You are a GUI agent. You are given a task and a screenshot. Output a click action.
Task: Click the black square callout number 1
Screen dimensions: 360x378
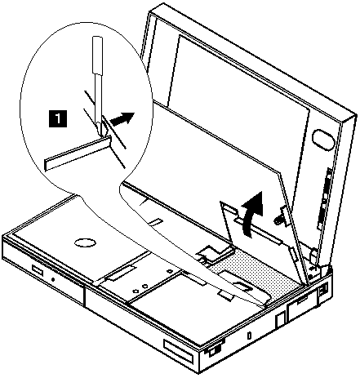click(x=57, y=118)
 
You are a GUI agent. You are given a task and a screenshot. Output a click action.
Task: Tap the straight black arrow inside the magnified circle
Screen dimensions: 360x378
click(x=122, y=118)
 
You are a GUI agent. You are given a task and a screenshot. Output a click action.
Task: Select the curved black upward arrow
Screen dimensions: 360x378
click(x=253, y=214)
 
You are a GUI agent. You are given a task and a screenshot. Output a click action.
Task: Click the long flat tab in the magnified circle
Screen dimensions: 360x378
click(x=78, y=153)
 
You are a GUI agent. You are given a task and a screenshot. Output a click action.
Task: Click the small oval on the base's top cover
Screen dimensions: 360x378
click(x=85, y=242)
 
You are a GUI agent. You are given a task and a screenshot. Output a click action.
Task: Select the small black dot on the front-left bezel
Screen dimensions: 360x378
click(x=53, y=278)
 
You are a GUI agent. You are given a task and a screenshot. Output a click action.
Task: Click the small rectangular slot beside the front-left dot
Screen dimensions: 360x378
click(x=38, y=270)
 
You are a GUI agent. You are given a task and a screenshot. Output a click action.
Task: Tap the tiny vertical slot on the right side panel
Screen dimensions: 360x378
click(x=249, y=336)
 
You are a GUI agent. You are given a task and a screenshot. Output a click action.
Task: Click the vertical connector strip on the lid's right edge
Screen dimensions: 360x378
click(x=324, y=199)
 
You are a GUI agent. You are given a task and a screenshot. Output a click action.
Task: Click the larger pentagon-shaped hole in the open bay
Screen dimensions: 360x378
click(x=144, y=286)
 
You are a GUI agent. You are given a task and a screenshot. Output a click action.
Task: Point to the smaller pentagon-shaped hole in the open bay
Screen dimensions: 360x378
click(x=135, y=291)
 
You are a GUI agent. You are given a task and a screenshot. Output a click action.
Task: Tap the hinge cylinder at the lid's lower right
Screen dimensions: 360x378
click(x=313, y=256)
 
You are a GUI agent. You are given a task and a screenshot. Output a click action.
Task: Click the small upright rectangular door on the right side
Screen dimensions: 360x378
click(x=280, y=321)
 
